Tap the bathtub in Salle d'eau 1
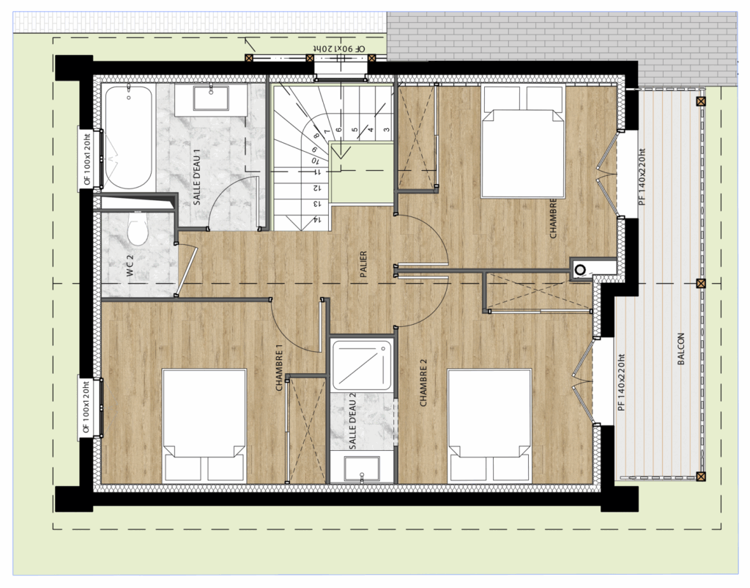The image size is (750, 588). pos(127,137)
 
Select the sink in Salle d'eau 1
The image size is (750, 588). pos(210,98)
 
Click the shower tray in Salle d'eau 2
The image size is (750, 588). pos(362,365)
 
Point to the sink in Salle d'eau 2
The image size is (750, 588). pos(362,468)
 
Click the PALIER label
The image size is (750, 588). pos(363,265)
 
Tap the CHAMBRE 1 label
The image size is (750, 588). pos(279,368)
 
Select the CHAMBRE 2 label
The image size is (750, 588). pos(423,383)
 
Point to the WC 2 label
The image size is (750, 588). pos(130,265)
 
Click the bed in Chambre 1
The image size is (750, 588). pos(204,425)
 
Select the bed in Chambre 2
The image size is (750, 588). pos(490,425)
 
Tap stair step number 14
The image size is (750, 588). pos(316,220)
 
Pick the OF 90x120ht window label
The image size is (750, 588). pos(339,49)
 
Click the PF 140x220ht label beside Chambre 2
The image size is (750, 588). pos(621,383)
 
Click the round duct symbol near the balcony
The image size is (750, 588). pos(580,270)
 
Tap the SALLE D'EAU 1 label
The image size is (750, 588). pos(197,177)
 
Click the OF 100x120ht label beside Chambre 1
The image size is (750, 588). pos(86,407)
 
